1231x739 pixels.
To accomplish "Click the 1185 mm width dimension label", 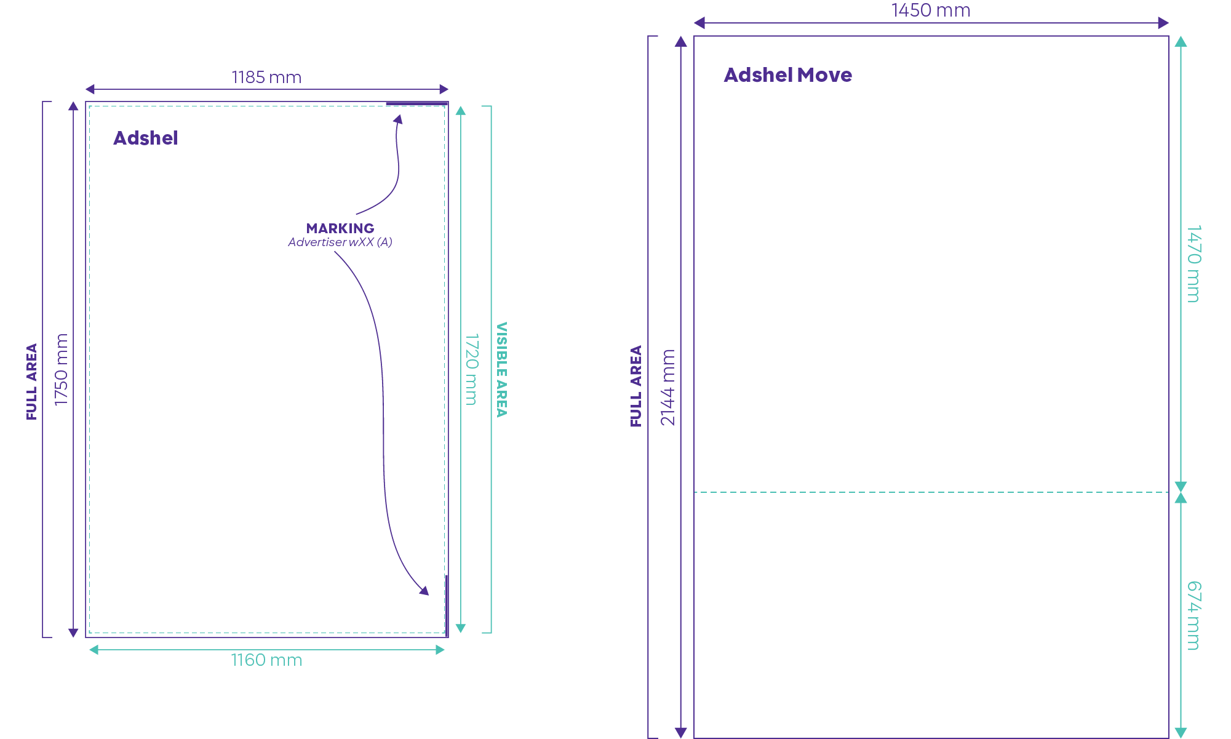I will coord(266,78).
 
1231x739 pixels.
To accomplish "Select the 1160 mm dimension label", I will coord(266,660).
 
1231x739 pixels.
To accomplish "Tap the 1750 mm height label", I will coord(61,369).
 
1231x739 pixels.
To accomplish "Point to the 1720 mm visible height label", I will coord(471,369).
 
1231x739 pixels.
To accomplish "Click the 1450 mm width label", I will coord(931,10).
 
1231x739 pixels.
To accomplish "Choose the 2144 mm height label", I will coord(667,387).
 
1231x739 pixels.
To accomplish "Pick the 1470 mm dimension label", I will coord(1193,264).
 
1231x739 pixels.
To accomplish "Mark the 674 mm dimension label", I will coord(1193,615).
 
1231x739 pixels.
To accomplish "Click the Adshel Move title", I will coord(787,75).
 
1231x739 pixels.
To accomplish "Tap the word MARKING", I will coord(340,228).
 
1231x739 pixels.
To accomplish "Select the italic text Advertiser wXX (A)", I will coord(340,242).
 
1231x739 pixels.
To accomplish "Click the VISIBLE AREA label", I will coord(502,369).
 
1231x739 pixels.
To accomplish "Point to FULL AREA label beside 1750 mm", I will coord(31,381).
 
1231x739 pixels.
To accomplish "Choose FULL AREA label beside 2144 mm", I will coord(635,386).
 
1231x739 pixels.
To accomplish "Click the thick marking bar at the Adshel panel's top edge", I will coord(416,103).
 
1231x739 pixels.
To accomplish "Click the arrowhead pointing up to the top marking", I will coord(399,119).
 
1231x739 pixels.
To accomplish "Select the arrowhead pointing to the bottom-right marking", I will coord(424,591).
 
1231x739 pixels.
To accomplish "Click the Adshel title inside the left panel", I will coord(145,138).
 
